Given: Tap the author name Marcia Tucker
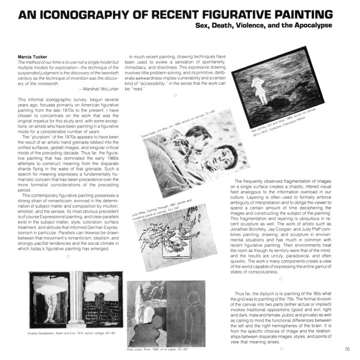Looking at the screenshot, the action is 32,56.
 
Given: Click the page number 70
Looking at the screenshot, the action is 347,349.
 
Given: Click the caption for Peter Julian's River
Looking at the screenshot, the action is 160,351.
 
